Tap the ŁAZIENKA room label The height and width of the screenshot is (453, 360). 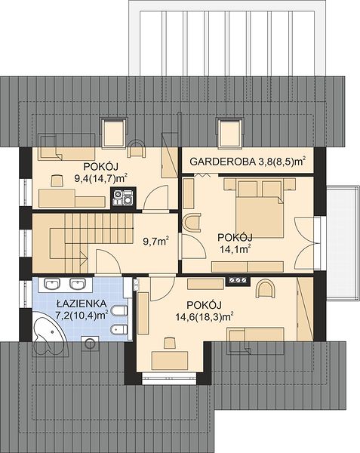(x=82, y=304)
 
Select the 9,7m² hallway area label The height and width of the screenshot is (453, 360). (x=156, y=241)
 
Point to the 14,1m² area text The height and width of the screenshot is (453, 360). (x=235, y=248)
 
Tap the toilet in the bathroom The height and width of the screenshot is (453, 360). (x=119, y=311)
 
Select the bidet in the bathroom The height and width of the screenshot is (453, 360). (x=119, y=330)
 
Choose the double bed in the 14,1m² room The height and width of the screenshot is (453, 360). (x=260, y=208)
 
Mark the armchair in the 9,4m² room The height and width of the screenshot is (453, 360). (x=137, y=148)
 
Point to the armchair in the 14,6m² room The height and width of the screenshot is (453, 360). (x=266, y=288)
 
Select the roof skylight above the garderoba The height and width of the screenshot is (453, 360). (x=230, y=133)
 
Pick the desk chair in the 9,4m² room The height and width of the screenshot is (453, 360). (x=57, y=180)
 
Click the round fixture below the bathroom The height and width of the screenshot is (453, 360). (x=90, y=344)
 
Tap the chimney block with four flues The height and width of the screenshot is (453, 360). (x=123, y=197)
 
